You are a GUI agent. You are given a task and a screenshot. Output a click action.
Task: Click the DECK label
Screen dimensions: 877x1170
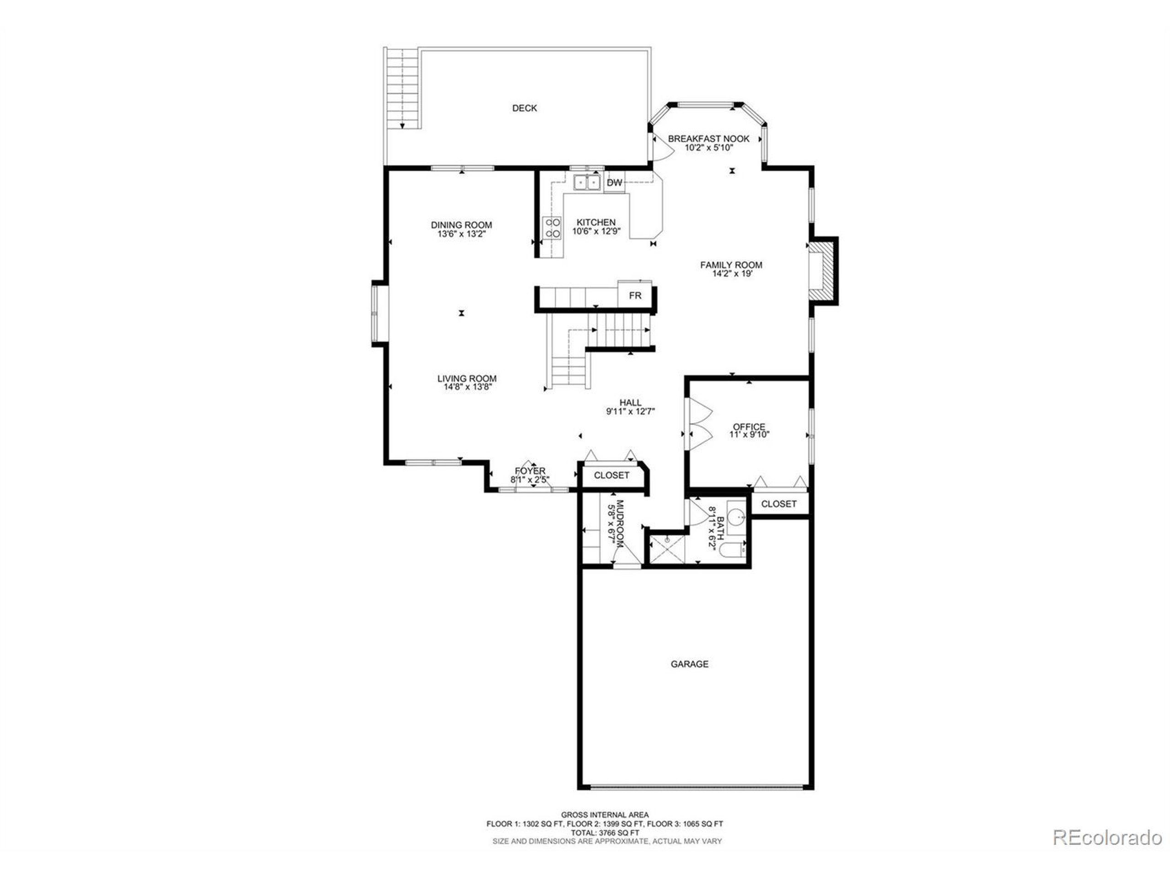tap(524, 108)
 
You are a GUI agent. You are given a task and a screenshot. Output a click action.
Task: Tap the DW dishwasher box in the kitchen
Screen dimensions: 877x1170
tap(614, 183)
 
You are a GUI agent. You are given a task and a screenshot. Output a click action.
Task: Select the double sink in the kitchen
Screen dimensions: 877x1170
tap(587, 182)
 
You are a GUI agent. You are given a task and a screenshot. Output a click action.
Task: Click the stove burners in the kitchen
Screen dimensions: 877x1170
tap(553, 228)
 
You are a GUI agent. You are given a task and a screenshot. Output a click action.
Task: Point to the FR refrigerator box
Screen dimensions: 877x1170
tap(635, 296)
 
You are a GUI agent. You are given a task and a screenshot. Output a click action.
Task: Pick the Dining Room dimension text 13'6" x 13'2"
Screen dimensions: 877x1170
tap(461, 234)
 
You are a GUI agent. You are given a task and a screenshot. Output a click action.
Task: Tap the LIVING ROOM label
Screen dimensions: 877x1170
tap(467, 379)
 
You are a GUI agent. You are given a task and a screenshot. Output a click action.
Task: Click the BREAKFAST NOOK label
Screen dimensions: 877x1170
tap(708, 139)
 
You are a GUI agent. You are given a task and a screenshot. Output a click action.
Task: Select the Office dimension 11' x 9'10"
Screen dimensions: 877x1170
tap(749, 434)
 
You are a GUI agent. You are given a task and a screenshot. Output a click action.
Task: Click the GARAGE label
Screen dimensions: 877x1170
tap(689, 664)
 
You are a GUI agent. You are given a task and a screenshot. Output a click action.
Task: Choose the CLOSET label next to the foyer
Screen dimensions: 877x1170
tap(612, 475)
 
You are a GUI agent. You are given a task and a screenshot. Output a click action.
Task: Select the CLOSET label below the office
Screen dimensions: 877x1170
tap(779, 504)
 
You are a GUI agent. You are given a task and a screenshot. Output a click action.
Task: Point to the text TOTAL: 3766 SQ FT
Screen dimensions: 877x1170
tap(605, 833)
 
